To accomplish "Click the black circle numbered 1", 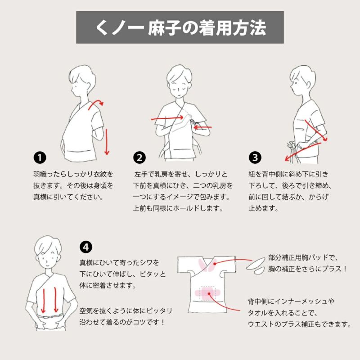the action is pyautogui.click(x=40, y=158).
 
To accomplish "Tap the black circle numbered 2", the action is pyautogui.click(x=139, y=158).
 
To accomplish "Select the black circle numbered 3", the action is pyautogui.click(x=255, y=158).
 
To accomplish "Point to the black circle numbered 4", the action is pyautogui.click(x=86, y=247).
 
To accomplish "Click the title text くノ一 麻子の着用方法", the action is pyautogui.click(x=180, y=28).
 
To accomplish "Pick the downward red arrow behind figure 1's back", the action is pyautogui.click(x=107, y=142).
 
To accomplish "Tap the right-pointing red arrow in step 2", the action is pyautogui.click(x=167, y=118).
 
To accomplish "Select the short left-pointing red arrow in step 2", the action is pyautogui.click(x=202, y=127).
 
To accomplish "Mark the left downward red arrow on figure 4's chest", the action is pyautogui.click(x=43, y=300).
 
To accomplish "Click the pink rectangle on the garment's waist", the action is pyautogui.click(x=208, y=293).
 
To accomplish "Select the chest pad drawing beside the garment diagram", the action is pyautogui.click(x=256, y=266).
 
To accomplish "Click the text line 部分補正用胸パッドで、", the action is pyautogui.click(x=303, y=257).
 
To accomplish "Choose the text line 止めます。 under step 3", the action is pyautogui.click(x=263, y=208).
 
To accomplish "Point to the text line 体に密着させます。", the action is pyautogui.click(x=108, y=286).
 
